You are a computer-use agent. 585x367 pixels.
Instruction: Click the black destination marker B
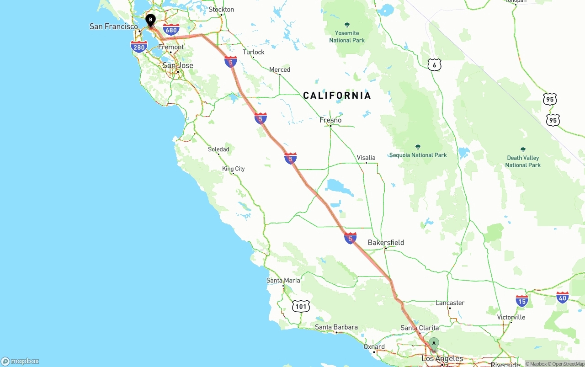click(x=150, y=20)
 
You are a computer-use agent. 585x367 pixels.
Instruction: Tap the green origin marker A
click(x=434, y=344)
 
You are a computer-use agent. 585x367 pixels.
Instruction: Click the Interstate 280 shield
click(x=139, y=47)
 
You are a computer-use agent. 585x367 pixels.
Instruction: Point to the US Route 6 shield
click(x=435, y=64)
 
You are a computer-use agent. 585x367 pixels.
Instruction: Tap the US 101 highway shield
click(x=301, y=306)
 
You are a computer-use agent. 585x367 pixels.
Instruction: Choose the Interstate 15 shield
click(x=522, y=300)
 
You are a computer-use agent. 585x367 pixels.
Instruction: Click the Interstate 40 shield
click(x=563, y=298)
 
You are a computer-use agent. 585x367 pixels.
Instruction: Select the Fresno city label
click(x=330, y=120)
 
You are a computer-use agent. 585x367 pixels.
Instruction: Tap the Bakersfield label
click(x=386, y=242)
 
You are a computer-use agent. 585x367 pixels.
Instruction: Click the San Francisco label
click(x=113, y=27)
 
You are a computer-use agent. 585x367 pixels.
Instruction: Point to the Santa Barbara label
click(x=336, y=327)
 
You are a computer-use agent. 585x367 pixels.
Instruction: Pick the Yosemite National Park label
click(x=347, y=37)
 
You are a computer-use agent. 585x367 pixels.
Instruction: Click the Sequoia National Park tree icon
click(x=418, y=147)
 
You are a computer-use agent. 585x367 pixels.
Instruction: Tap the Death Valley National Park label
click(x=523, y=161)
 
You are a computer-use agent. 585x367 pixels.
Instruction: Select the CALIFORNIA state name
click(x=337, y=96)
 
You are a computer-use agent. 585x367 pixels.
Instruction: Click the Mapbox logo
click(x=20, y=361)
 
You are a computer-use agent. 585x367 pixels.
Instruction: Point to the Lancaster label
click(x=450, y=303)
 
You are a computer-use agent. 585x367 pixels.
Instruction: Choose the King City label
click(x=234, y=169)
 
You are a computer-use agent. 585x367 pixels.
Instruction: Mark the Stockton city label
click(x=221, y=9)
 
